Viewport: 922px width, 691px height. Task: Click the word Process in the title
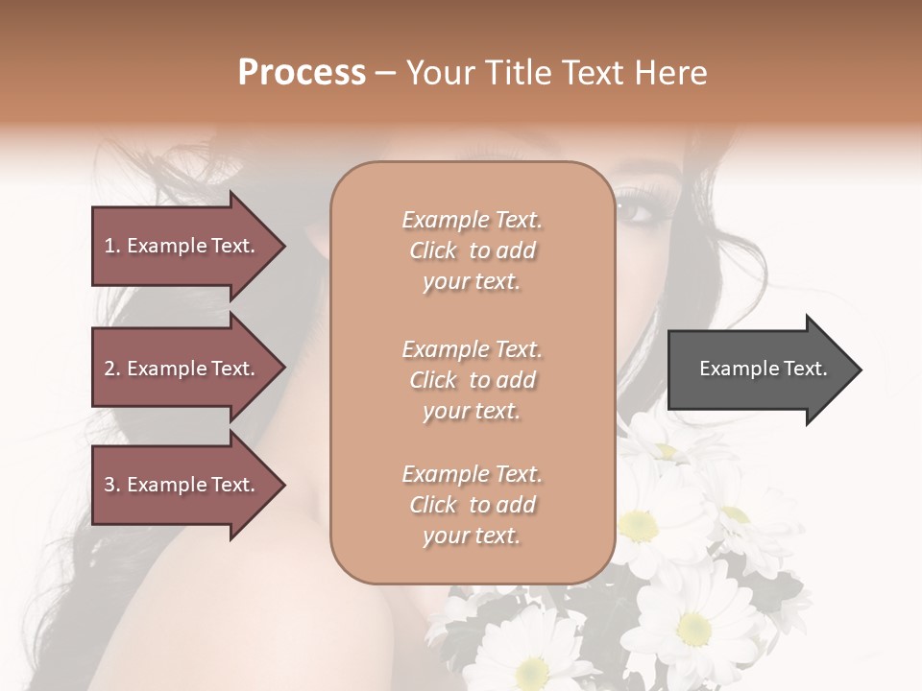click(302, 73)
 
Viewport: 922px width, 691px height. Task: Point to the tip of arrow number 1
click(283, 246)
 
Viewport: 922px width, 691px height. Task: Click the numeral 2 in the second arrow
click(109, 369)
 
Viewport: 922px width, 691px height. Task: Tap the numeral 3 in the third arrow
click(109, 485)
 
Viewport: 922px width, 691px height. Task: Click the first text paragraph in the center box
click(472, 250)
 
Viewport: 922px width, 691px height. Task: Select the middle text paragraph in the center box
click(472, 380)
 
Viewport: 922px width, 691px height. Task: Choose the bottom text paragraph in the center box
click(472, 505)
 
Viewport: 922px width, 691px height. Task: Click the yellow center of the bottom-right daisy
click(693, 629)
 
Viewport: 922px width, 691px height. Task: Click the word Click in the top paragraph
click(433, 250)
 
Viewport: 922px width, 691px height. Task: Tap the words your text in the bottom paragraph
click(472, 536)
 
